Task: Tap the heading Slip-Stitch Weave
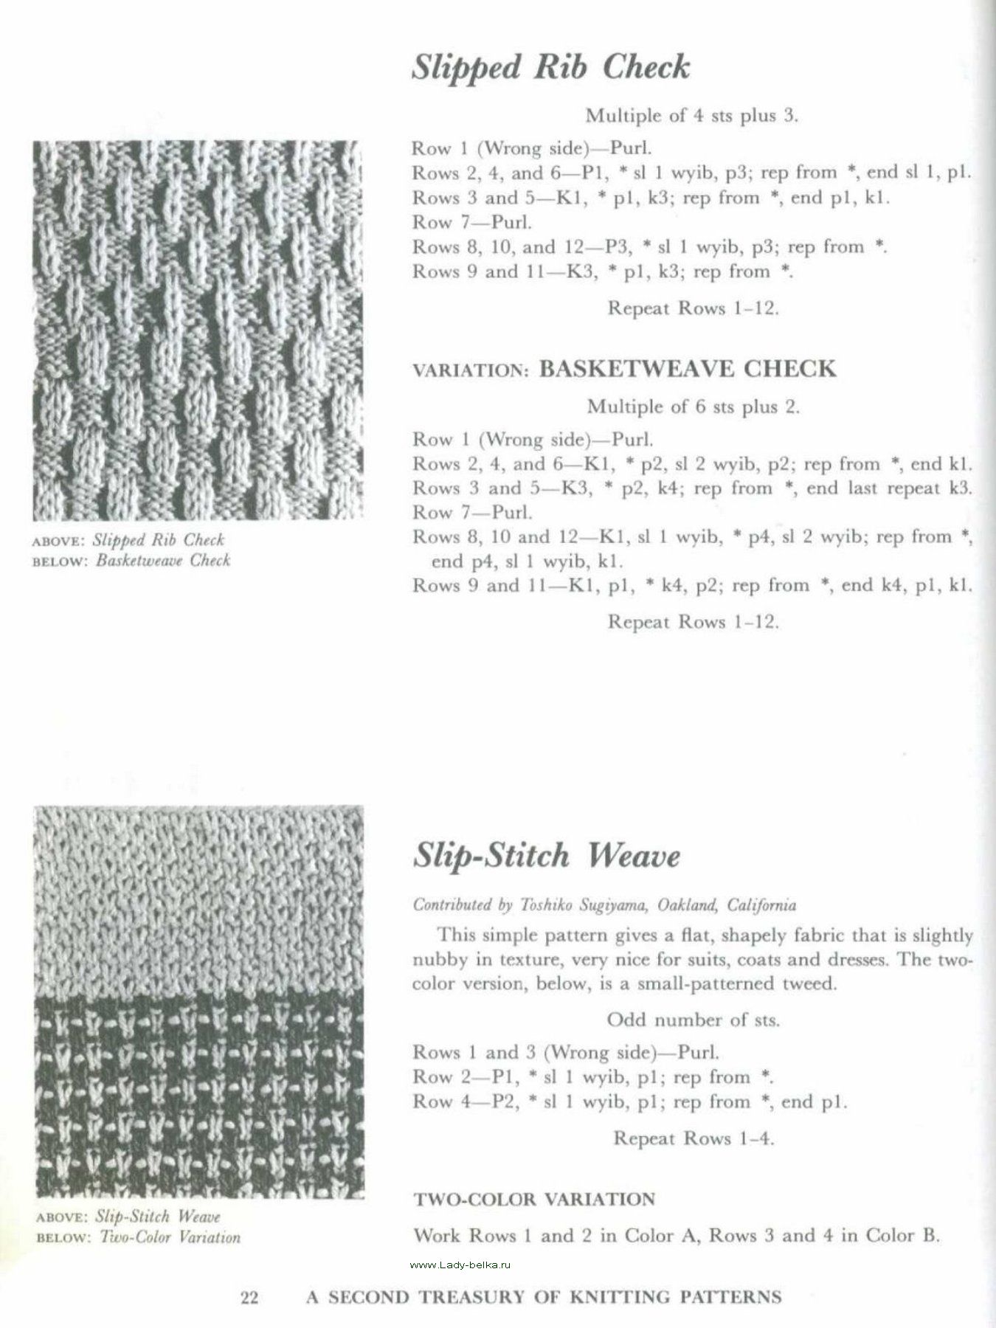click(546, 856)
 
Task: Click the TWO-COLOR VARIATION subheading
click(534, 1199)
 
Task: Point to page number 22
click(249, 1296)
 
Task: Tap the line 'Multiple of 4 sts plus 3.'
click(692, 116)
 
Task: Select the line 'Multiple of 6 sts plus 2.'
click(693, 407)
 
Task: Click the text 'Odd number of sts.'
click(693, 1020)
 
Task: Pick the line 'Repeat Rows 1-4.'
click(694, 1138)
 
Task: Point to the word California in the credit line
click(761, 905)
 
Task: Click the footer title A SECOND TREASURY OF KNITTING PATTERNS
click(544, 1296)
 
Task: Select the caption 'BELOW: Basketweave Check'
click(133, 560)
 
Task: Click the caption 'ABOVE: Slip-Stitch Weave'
click(128, 1217)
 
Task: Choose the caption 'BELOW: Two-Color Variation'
click(138, 1237)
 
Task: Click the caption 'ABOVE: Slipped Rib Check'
click(129, 540)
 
